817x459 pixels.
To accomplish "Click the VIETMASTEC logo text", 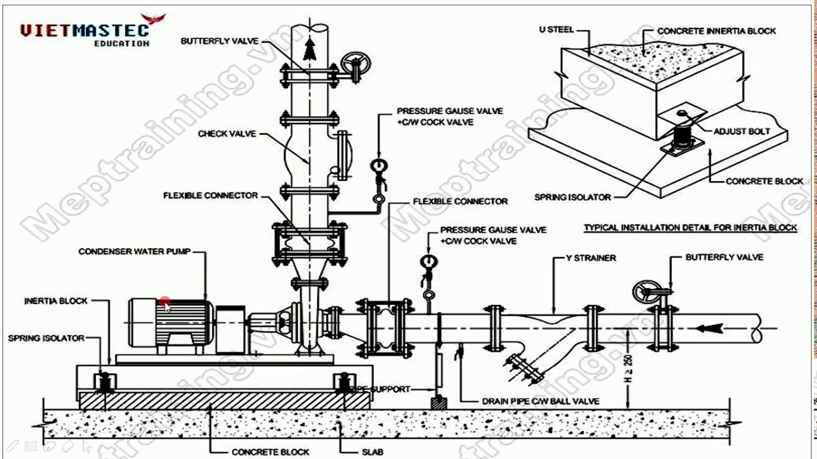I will pos(84,30).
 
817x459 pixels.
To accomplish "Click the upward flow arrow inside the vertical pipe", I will pos(310,48).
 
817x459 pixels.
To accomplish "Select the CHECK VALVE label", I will pos(227,134).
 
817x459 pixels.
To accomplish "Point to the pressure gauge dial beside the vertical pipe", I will pos(378,166).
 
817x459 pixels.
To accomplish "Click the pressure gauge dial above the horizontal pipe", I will pos(428,261).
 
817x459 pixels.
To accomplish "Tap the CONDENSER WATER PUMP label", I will pos(134,252).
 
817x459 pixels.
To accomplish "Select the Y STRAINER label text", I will pos(591,258).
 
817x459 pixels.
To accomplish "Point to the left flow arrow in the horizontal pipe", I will pos(710,328).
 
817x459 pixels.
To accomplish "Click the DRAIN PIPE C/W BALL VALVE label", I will pos(541,402).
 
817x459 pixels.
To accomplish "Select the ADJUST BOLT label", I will pos(742,131).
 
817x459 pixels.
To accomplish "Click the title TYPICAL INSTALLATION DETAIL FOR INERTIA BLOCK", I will pos(690,228).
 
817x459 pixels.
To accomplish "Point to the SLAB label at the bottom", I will pos(371,452).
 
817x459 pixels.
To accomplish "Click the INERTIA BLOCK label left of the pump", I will pos(56,301).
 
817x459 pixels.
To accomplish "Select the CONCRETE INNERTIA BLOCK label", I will pos(716,31).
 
